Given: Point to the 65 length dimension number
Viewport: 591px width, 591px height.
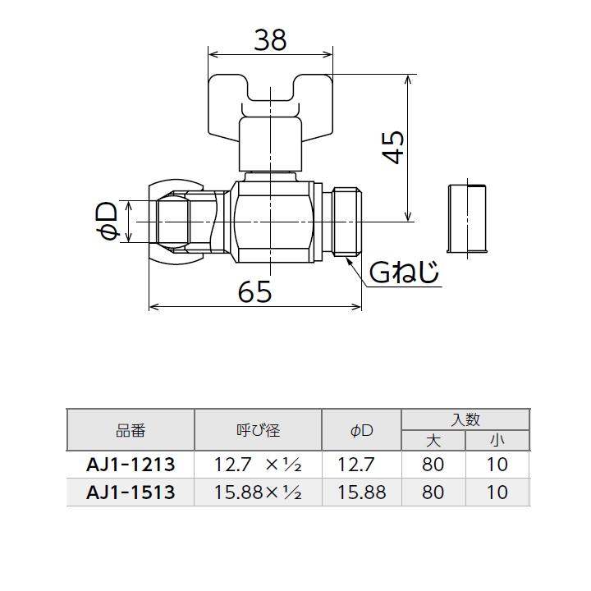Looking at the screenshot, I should [x=254, y=291].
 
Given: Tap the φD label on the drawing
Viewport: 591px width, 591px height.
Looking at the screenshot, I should [x=108, y=222].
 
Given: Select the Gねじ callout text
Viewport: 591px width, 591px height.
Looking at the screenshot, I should [x=404, y=273].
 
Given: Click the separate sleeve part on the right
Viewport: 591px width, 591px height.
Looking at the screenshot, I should [x=467, y=217].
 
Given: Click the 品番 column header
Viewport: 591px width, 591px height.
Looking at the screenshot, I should [x=131, y=430].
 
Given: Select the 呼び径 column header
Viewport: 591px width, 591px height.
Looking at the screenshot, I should [x=258, y=430].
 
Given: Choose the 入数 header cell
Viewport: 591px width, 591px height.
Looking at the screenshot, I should [x=465, y=419].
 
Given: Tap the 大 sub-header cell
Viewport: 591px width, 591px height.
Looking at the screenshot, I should [x=433, y=441].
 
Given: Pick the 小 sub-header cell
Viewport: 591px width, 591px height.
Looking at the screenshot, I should [x=497, y=441].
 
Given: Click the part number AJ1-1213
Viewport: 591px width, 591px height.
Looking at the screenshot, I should [x=131, y=465].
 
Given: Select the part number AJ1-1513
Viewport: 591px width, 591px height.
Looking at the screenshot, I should [x=131, y=492].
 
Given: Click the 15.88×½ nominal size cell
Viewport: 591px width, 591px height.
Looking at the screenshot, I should [x=258, y=492].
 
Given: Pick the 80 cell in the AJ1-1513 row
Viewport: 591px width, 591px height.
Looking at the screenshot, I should [x=433, y=492].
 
